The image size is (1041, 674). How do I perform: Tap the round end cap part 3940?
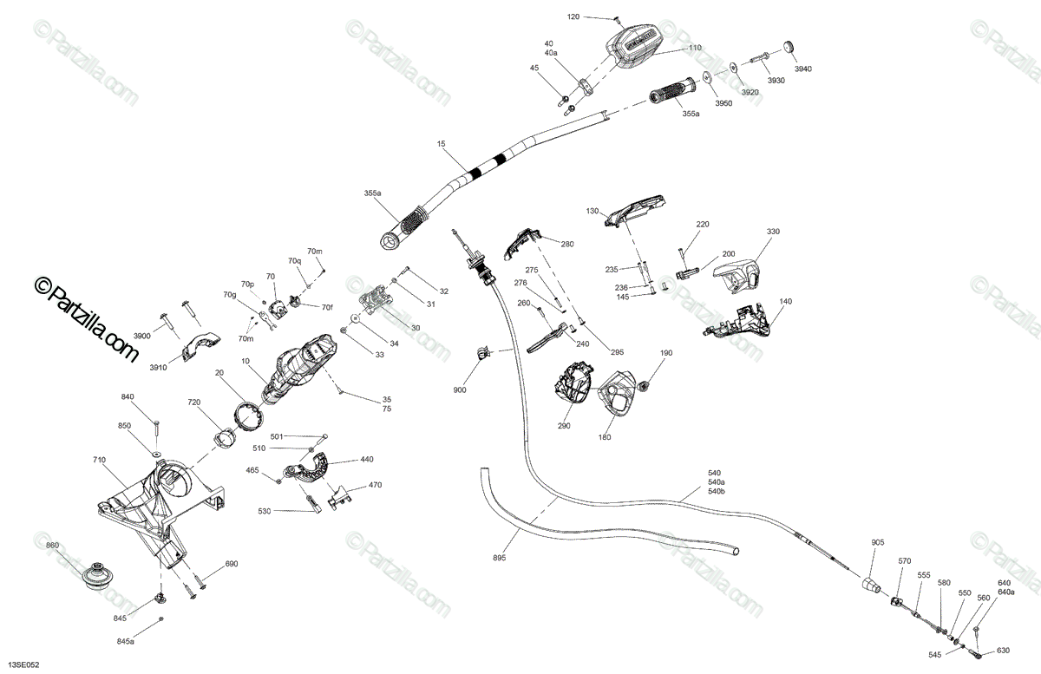click(x=789, y=45)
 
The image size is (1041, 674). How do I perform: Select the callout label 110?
click(x=695, y=49)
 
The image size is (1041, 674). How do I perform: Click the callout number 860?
click(x=53, y=546)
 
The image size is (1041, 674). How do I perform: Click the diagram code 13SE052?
click(x=22, y=664)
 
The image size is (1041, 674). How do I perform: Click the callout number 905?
click(x=878, y=542)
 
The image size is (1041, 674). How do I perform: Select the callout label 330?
click(x=773, y=232)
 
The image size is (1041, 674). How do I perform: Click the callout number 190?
click(x=666, y=353)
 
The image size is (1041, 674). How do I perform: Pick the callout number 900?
click(x=459, y=390)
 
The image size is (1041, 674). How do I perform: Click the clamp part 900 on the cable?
click(x=481, y=352)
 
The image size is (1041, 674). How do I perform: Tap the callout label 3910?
click(x=157, y=368)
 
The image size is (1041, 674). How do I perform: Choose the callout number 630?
click(x=1003, y=651)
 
